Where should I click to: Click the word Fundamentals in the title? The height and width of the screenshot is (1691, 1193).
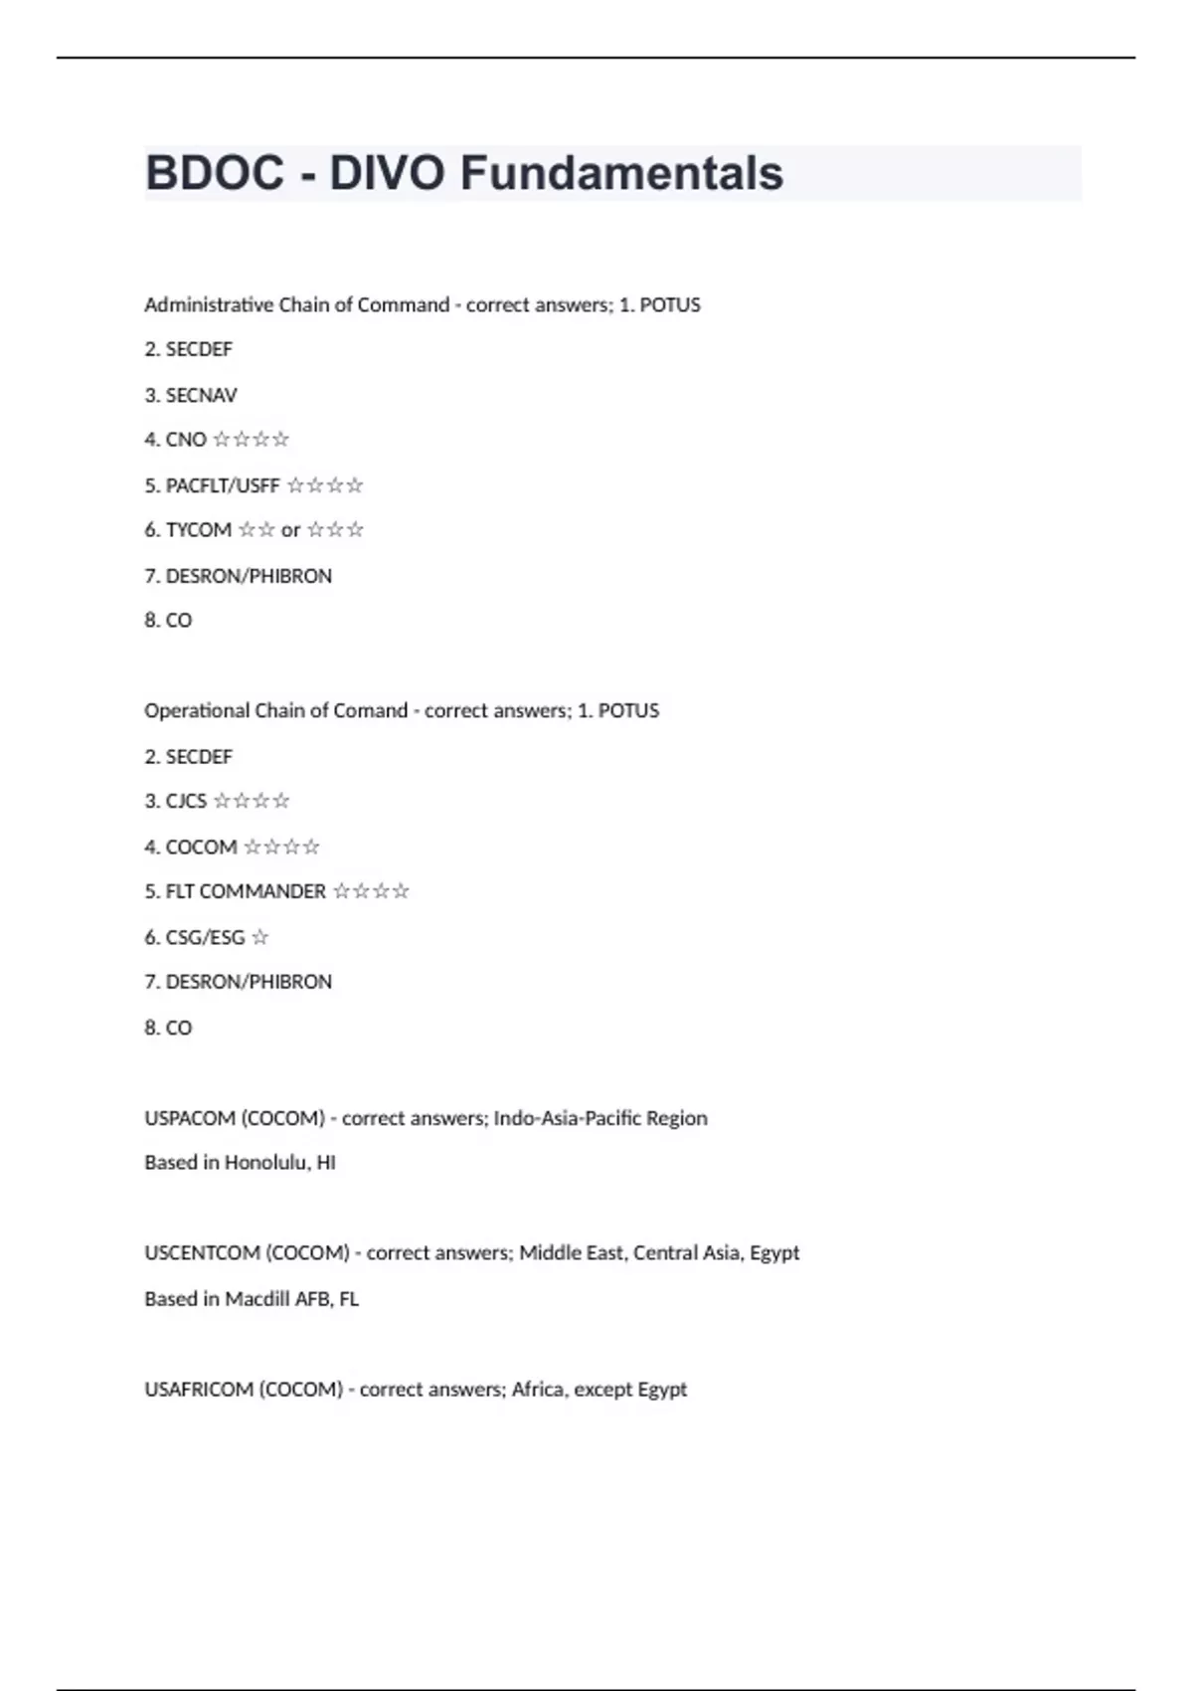(x=621, y=173)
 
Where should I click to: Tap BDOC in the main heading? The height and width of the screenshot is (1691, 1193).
(x=215, y=173)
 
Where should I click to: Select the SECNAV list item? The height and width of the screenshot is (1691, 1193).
(x=201, y=395)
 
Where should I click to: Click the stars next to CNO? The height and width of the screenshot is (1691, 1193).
(x=251, y=439)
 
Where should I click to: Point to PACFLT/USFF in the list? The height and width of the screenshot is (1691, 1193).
(x=223, y=485)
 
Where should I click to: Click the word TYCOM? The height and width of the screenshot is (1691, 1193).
(x=198, y=530)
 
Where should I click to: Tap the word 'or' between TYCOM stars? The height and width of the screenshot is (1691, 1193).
(x=290, y=530)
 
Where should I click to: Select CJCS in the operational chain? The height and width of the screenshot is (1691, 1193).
(x=186, y=801)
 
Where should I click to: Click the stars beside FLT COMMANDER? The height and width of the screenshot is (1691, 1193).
(x=371, y=891)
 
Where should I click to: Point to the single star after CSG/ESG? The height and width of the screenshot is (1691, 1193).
(x=259, y=937)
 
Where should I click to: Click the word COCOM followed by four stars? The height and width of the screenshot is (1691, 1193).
(x=201, y=846)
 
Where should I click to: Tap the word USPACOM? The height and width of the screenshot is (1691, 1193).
(x=188, y=1118)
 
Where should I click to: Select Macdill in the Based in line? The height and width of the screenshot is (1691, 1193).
(x=256, y=1299)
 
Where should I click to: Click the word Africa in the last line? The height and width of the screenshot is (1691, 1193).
(x=537, y=1390)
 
